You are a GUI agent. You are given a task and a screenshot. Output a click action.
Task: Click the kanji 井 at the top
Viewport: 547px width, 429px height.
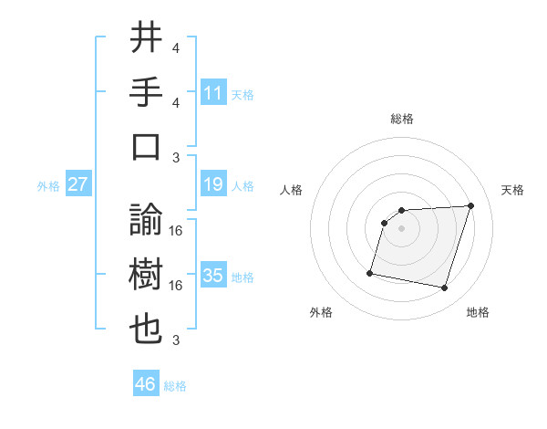[147, 39]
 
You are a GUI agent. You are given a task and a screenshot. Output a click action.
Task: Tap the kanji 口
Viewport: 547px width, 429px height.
[147, 147]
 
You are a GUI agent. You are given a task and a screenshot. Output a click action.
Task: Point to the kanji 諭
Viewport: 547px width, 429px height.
[147, 219]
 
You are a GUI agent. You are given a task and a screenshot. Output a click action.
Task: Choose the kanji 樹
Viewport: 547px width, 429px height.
[147, 275]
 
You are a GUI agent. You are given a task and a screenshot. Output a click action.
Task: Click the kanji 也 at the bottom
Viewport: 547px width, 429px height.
[147, 330]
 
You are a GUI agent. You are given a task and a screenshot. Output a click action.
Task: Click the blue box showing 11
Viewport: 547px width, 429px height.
[213, 93]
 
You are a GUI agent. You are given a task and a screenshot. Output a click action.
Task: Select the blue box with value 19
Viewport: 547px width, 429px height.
[213, 185]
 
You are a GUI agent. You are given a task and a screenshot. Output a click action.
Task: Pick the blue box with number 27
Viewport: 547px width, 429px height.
[78, 185]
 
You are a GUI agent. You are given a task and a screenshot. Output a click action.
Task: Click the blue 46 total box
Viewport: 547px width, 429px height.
[145, 384]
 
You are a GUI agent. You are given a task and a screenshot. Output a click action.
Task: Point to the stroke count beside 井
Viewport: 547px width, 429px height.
[176, 48]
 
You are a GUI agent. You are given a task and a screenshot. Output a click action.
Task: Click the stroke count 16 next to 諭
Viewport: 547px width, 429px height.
[176, 230]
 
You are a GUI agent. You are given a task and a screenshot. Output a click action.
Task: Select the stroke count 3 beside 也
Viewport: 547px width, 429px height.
[176, 340]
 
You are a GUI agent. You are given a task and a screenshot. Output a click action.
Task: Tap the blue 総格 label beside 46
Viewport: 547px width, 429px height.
[175, 386]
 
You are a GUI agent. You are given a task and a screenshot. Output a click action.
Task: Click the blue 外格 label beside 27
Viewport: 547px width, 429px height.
[48, 186]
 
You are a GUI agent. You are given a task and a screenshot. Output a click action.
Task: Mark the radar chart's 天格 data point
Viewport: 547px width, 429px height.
[470, 205]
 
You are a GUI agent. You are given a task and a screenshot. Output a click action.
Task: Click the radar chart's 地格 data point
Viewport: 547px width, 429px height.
[444, 288]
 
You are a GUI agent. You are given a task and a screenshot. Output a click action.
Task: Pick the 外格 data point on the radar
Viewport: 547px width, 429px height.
[370, 273]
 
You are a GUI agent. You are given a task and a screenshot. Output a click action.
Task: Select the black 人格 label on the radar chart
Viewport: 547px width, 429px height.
[292, 190]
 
